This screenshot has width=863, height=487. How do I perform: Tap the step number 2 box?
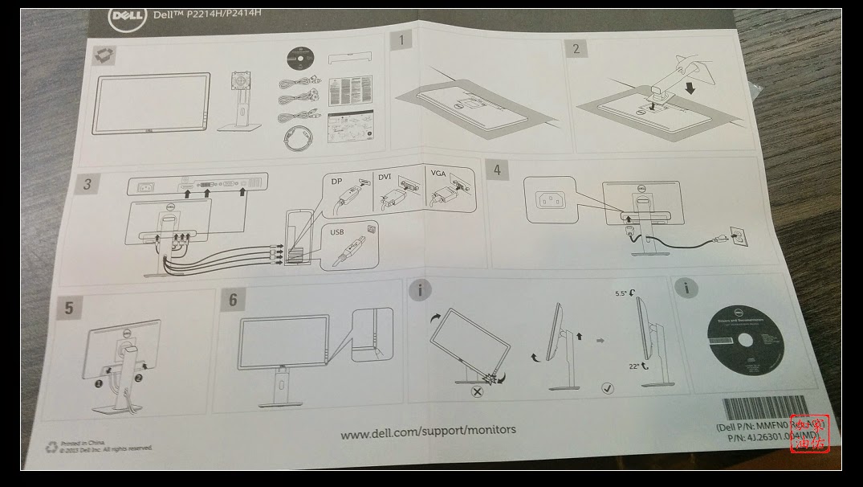pyautogui.click(x=576, y=48)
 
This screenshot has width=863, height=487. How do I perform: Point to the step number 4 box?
pyautogui.click(x=498, y=170)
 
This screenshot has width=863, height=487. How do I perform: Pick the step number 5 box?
pyautogui.click(x=69, y=307)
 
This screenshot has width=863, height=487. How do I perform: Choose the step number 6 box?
pyautogui.click(x=233, y=299)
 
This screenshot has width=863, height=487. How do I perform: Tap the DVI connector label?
pyautogui.click(x=385, y=175)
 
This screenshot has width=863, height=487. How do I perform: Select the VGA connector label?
pyautogui.click(x=438, y=174)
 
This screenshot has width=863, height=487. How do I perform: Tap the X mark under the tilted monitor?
pyautogui.click(x=476, y=392)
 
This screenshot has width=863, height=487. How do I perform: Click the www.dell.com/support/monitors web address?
pyautogui.click(x=428, y=432)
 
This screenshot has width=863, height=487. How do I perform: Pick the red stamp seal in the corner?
pyautogui.click(x=808, y=434)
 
